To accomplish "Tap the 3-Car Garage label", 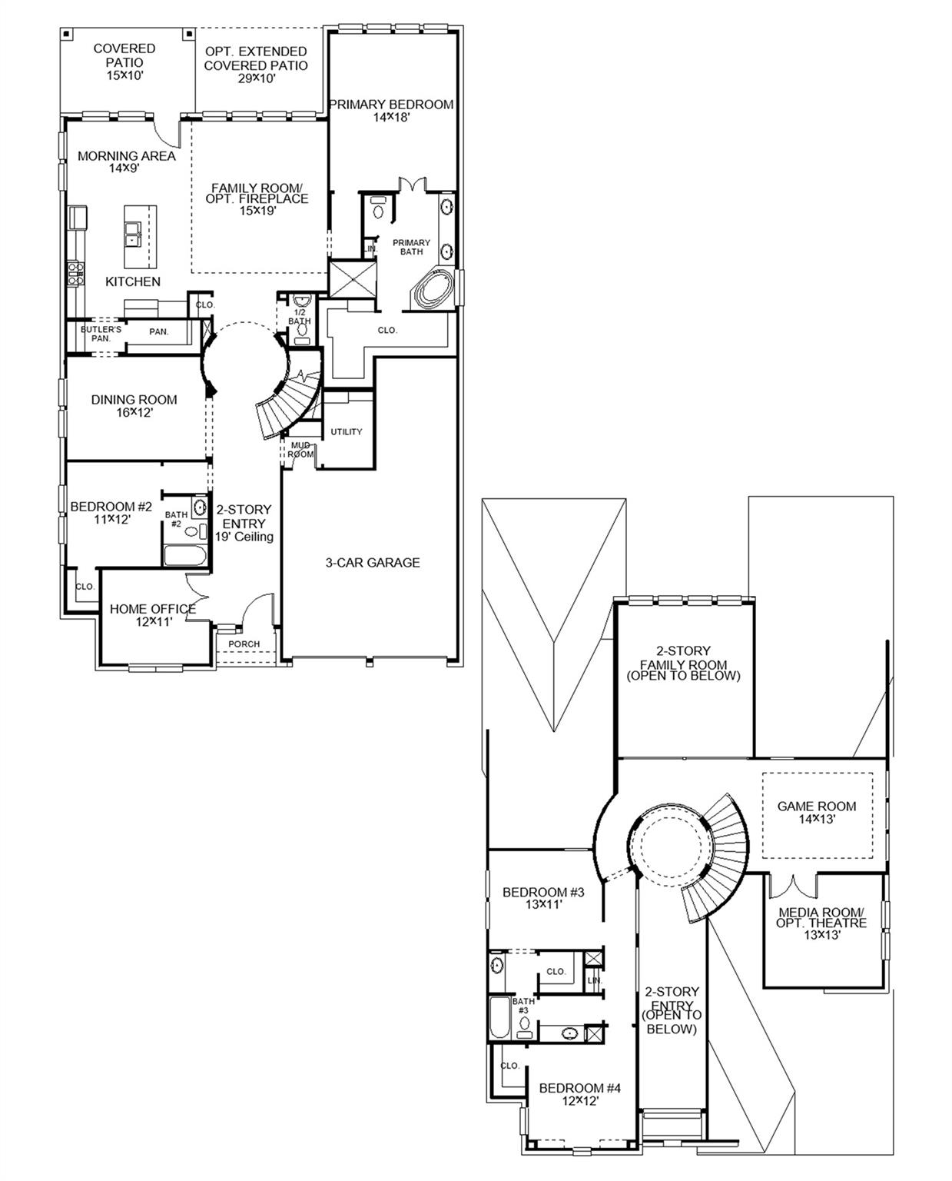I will [x=373, y=563].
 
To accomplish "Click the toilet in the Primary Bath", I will [x=377, y=209].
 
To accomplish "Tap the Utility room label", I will [x=346, y=432].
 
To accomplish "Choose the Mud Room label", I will [x=300, y=450].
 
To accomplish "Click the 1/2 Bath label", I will [x=300, y=317].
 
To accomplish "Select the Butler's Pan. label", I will [x=101, y=334].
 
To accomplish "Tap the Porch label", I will [x=244, y=644].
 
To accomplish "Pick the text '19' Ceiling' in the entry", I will [x=244, y=537].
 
